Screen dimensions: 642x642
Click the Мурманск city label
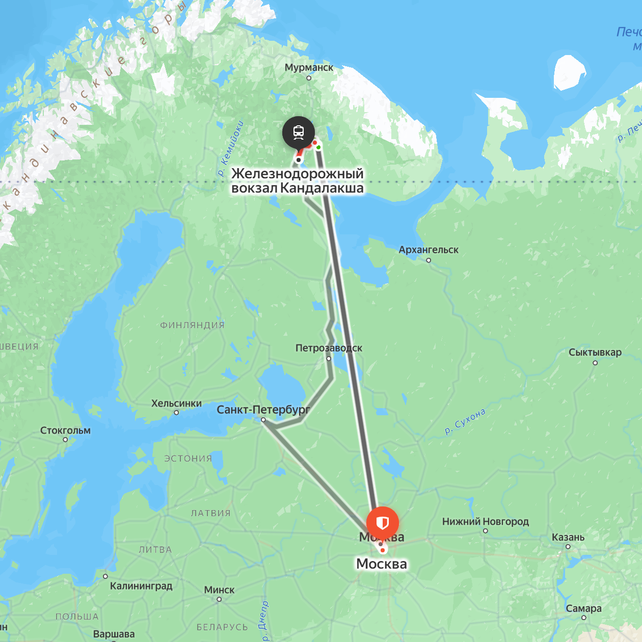pyautogui.click(x=309, y=67)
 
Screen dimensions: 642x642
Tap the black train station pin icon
pyautogui.click(x=299, y=132)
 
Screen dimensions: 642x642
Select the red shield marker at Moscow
pyautogui.click(x=383, y=523)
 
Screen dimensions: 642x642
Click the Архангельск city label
pyautogui.click(x=429, y=250)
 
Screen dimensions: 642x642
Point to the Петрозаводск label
pyautogui.click(x=329, y=348)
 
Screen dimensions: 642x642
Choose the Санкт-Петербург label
pyautogui.click(x=263, y=410)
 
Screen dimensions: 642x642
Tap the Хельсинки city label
pyautogui.click(x=176, y=404)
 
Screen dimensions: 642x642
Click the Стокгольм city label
pyautogui.click(x=65, y=431)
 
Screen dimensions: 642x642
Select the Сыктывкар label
pyautogui.click(x=595, y=353)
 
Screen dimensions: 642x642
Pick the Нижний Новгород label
pyautogui.click(x=486, y=521)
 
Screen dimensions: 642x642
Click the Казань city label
pyautogui.click(x=568, y=537)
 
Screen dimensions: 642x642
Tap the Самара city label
pyautogui.click(x=583, y=608)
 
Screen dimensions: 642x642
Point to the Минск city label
pyautogui.click(x=219, y=590)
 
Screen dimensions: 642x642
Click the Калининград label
pyautogui.click(x=141, y=586)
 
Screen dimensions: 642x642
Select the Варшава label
pyautogui.click(x=114, y=634)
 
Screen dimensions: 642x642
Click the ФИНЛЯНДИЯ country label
pyautogui.click(x=192, y=325)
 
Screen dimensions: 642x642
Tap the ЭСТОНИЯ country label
pyautogui.click(x=188, y=459)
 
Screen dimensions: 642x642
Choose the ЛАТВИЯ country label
pyautogui.click(x=210, y=513)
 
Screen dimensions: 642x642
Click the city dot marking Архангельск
pyautogui.click(x=429, y=260)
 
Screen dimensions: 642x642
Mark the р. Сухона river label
pyautogui.click(x=465, y=421)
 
